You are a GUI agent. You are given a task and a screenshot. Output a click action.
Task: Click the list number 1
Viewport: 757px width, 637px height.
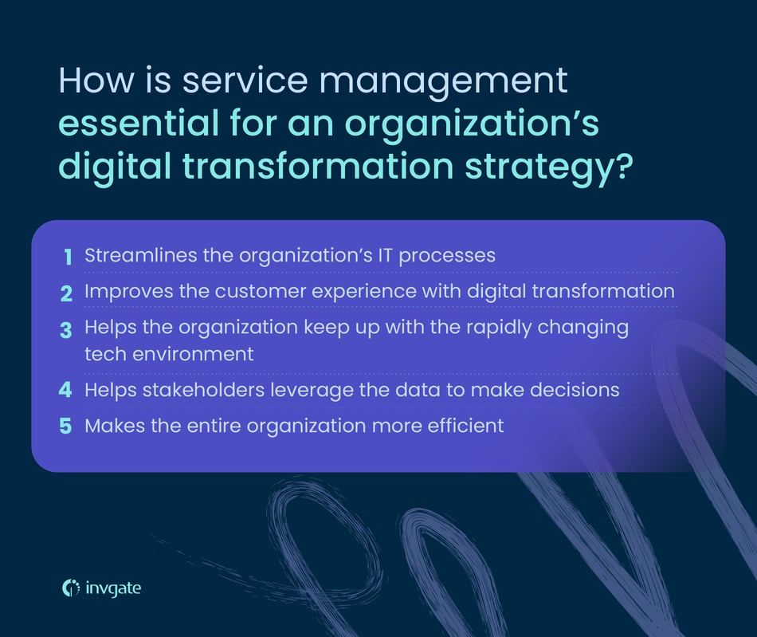(69, 256)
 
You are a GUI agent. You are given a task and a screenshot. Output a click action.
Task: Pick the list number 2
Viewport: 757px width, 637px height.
(68, 292)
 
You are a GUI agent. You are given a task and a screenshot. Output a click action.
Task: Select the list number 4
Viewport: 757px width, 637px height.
(68, 391)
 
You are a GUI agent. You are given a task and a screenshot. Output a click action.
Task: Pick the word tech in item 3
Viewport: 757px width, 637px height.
(104, 353)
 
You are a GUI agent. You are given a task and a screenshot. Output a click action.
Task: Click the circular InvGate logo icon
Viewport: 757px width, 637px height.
(71, 588)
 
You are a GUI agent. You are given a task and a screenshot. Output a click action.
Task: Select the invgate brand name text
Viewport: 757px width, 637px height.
(114, 588)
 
